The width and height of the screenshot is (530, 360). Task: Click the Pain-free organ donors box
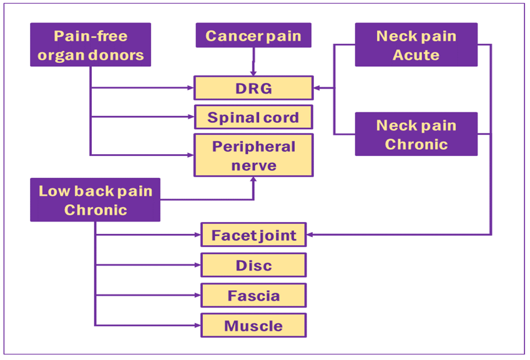[91, 45]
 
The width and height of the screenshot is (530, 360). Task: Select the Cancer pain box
[253, 36]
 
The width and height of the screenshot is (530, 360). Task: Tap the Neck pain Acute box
[416, 45]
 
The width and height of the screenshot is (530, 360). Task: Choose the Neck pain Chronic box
[416, 134]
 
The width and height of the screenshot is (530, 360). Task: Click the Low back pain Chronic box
[95, 200]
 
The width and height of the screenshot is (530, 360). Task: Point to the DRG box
[253, 88]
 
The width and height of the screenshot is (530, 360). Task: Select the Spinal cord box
[253, 117]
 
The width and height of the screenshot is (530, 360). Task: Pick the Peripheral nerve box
[253, 155]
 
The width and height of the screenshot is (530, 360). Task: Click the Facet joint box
[253, 235]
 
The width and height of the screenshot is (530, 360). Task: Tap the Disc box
[253, 265]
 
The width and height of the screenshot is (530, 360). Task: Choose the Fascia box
[253, 295]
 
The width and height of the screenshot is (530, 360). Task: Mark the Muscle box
[253, 325]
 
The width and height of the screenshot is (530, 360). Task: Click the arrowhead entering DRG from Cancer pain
[253, 72]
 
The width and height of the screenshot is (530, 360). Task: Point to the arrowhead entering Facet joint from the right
[310, 235]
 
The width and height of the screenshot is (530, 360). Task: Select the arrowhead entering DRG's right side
[317, 88]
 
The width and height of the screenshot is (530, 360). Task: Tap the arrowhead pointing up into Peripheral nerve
[253, 180]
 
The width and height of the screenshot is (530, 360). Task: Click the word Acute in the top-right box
[416, 55]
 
